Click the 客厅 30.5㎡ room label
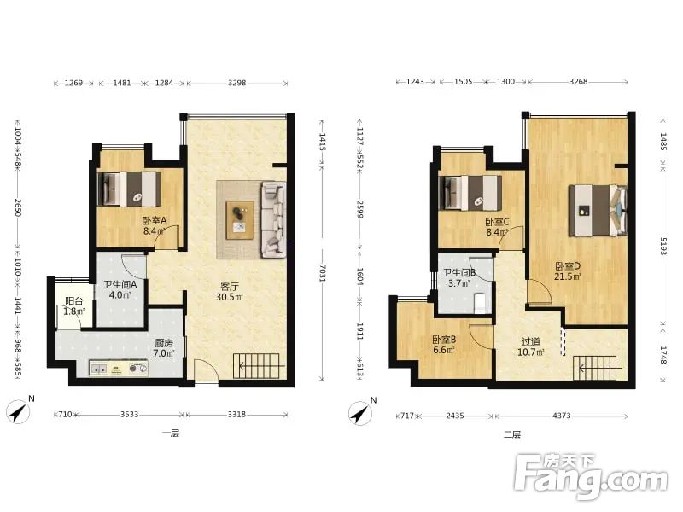point(229,292)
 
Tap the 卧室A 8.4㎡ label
point(155,225)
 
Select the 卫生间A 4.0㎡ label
point(120,289)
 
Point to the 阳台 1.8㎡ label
point(73,306)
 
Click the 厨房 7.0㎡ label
point(164,348)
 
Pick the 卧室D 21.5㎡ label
point(568,271)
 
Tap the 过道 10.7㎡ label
point(530,346)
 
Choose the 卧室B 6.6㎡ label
point(444,345)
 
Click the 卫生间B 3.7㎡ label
point(459,278)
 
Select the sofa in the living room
point(273,220)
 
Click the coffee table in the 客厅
point(240,220)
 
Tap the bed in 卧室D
point(598,210)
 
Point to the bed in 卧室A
point(130,189)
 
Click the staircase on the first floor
point(257,366)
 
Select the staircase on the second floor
point(595,369)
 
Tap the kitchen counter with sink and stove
point(119,369)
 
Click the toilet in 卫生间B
point(480,302)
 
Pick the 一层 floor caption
point(170,433)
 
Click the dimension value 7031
point(323,272)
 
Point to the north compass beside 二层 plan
point(360,412)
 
